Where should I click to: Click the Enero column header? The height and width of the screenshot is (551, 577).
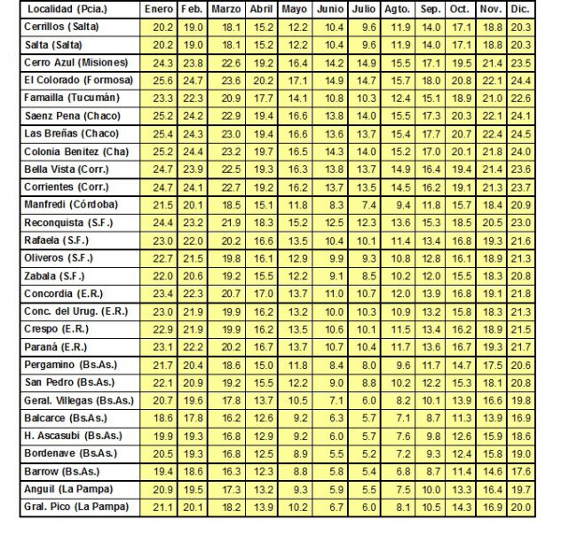[160, 9]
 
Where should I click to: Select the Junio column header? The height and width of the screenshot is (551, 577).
[329, 9]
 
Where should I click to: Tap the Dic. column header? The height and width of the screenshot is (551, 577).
[520, 9]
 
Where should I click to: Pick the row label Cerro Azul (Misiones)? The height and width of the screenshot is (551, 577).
[75, 63]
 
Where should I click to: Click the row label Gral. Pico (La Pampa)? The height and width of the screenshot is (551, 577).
[75, 507]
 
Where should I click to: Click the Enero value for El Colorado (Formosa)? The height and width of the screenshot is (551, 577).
[162, 81]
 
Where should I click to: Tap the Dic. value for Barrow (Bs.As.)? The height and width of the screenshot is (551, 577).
[522, 471]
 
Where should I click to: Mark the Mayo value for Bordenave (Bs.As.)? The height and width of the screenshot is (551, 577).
[296, 453]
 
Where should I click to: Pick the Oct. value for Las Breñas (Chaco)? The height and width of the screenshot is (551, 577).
[460, 134]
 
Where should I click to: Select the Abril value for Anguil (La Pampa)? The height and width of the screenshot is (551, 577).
[263, 489]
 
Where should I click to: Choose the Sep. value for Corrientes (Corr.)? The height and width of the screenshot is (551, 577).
[431, 187]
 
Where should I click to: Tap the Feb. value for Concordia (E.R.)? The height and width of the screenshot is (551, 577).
[193, 294]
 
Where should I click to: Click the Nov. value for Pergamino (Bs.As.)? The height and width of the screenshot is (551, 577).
[491, 365]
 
